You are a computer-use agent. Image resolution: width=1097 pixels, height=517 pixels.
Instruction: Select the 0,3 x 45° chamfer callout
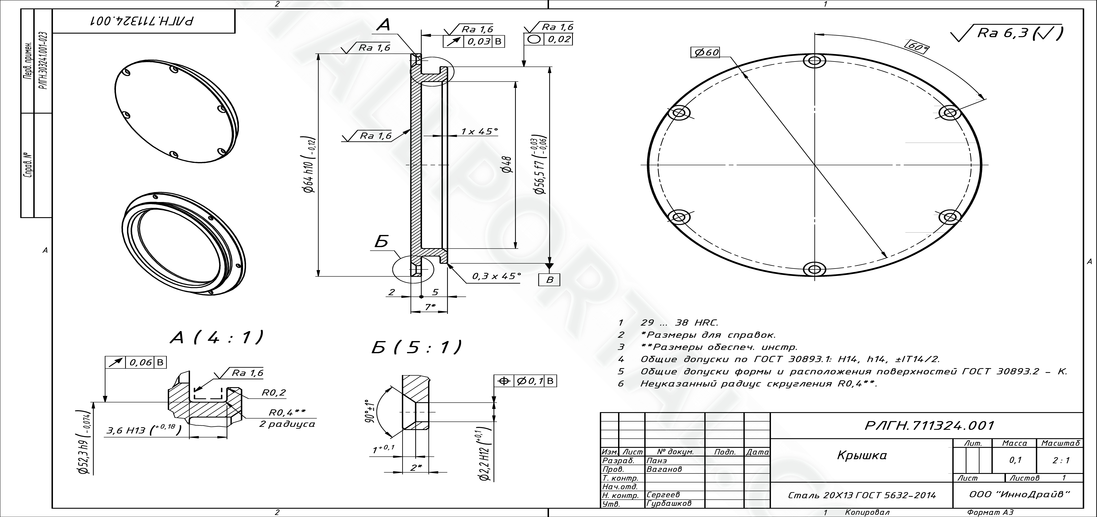click(496, 276)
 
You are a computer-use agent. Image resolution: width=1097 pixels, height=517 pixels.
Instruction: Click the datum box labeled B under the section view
click(549, 280)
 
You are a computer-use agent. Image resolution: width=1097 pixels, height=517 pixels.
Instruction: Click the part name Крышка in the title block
click(862, 455)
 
